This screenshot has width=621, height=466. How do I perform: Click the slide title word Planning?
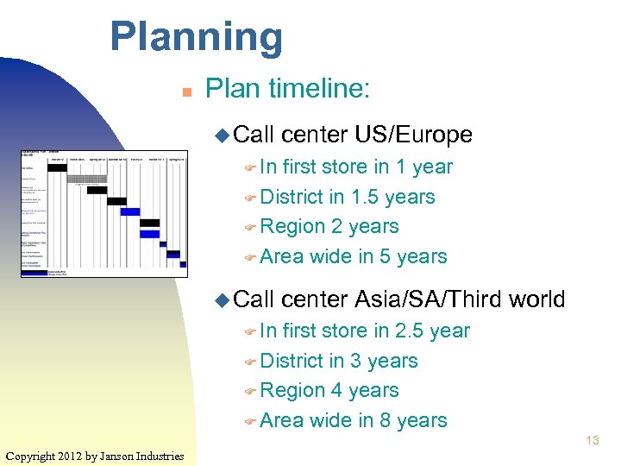(196, 37)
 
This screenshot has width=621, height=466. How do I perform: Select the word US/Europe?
(413, 135)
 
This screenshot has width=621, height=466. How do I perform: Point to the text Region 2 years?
(329, 226)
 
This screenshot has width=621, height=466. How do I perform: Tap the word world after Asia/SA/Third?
(536, 299)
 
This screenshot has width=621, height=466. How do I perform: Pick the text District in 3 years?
(338, 361)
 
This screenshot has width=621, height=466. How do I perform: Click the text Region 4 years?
(329, 390)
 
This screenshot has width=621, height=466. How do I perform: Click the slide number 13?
(592, 440)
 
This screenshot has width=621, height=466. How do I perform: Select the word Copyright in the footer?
(31, 456)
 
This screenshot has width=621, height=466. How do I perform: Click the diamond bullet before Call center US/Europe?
(221, 135)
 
